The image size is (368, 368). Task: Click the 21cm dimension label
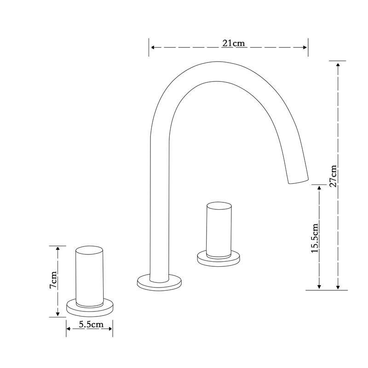click(233, 43)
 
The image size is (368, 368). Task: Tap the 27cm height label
click(334, 175)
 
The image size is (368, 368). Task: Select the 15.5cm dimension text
click(315, 237)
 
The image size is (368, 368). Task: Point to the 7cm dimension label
click(54, 280)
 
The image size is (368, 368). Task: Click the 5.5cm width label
click(90, 324)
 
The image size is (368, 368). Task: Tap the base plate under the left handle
click(90, 308)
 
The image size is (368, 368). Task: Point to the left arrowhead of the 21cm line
click(152, 47)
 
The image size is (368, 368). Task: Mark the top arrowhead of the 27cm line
click(338, 64)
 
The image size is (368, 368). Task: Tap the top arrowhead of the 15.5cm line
click(319, 188)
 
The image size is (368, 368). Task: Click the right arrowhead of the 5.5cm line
click(110, 328)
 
